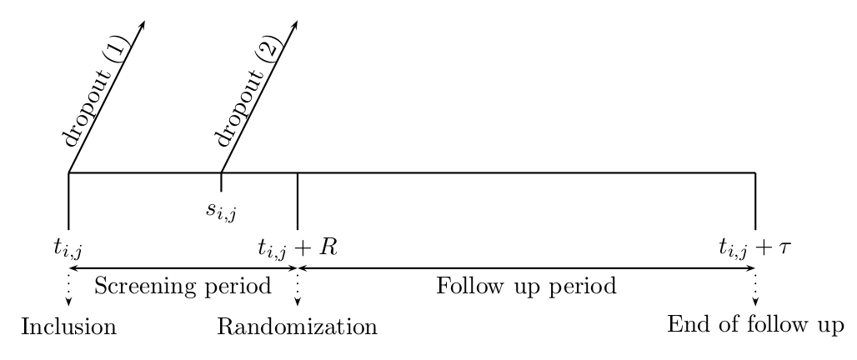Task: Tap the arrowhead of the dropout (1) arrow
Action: [x=143, y=24]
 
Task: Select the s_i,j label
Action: [x=221, y=209]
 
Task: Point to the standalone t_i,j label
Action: [x=68, y=247]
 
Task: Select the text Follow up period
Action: [x=526, y=287]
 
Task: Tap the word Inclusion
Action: [x=68, y=326]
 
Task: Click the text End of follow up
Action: [x=756, y=323]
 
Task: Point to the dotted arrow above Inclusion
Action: [x=68, y=294]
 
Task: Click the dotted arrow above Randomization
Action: [x=298, y=294]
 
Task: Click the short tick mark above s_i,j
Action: [x=221, y=182]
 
